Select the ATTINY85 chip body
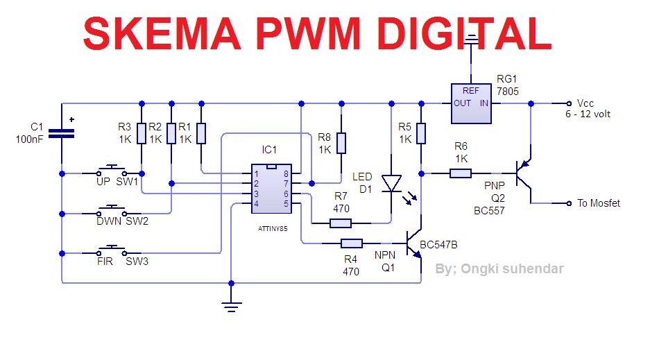pyautogui.click(x=271, y=189)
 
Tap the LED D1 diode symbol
pyautogui.click(x=392, y=183)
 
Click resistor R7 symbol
pyautogui.click(x=341, y=223)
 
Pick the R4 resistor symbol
pyautogui.click(x=351, y=243)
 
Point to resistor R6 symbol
pyautogui.click(x=461, y=173)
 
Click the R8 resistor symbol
pyautogui.click(x=341, y=143)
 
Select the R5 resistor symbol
pyautogui.click(x=421, y=133)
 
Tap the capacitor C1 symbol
pyautogui.click(x=62, y=133)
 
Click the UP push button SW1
pyautogui.click(x=111, y=171)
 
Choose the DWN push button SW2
pyautogui.click(x=111, y=211)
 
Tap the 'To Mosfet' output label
pyautogui.click(x=598, y=203)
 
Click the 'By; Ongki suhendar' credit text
pyautogui.click(x=499, y=268)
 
